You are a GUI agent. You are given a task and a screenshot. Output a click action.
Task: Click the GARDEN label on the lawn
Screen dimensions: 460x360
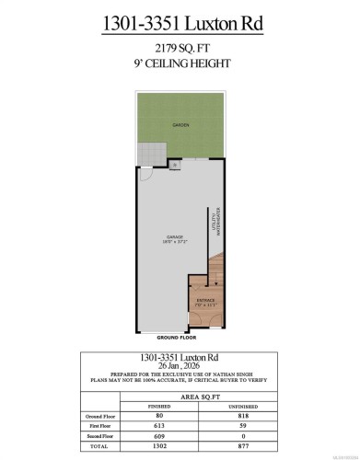pos(180,124)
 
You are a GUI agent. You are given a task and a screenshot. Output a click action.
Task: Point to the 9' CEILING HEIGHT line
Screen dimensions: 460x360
pos(180,63)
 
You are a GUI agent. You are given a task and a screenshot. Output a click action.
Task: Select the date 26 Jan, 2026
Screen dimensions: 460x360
pos(180,365)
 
